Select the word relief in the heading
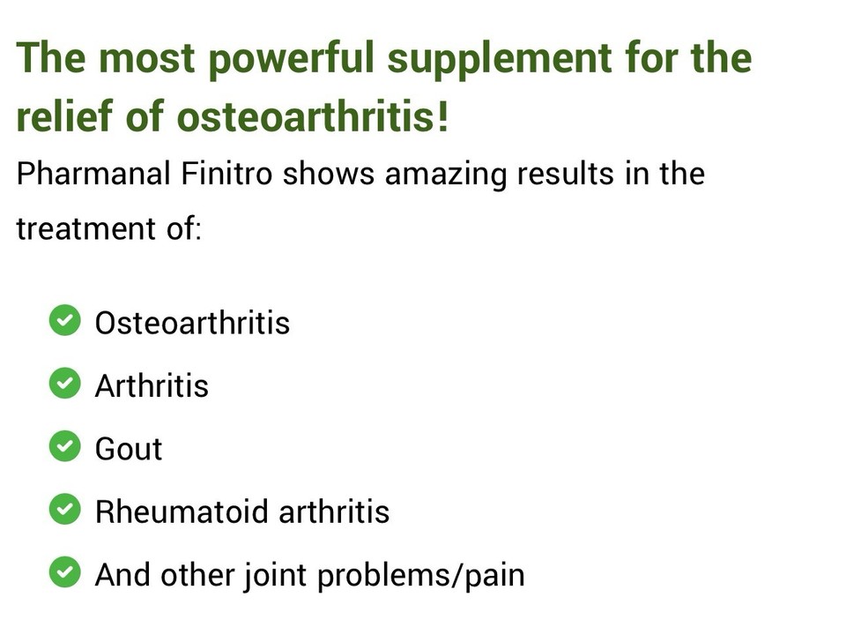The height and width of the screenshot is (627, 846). click(61, 117)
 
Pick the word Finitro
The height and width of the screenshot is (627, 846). click(229, 174)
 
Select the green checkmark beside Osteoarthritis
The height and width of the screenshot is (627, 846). click(63, 321)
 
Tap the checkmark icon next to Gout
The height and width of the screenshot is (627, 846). click(63, 447)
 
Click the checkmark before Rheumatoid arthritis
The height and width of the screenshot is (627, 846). click(63, 511)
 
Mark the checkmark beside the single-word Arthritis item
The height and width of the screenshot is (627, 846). click(63, 384)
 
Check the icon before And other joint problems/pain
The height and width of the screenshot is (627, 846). click(63, 574)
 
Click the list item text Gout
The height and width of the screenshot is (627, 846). click(129, 449)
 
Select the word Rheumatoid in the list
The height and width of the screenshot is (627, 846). click(168, 512)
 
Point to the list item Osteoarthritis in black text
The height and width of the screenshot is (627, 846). click(192, 323)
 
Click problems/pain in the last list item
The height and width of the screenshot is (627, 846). click(420, 576)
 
